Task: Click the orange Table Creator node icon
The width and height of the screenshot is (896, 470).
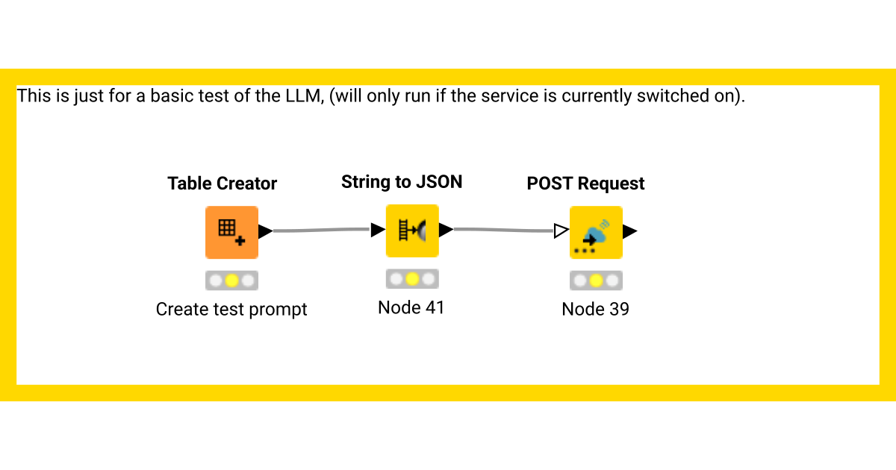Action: tap(231, 232)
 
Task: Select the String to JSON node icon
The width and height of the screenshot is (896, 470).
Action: tap(412, 231)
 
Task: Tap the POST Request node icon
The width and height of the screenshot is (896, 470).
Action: tap(596, 232)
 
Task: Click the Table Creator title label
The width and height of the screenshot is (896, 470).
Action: tap(222, 184)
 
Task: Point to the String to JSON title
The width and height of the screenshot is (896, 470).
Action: tap(402, 182)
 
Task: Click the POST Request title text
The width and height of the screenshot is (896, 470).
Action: tap(585, 184)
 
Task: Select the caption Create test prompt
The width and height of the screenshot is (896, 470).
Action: tap(231, 309)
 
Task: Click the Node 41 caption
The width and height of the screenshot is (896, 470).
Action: tap(411, 307)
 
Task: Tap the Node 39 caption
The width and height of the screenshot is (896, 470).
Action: tap(595, 309)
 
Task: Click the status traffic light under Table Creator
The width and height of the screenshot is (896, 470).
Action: tap(231, 281)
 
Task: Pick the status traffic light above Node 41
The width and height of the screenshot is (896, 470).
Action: tap(412, 279)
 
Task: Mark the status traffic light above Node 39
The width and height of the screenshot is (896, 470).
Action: tap(596, 281)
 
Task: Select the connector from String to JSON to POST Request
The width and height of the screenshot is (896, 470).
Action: tap(504, 230)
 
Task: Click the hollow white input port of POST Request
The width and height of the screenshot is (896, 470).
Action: tap(561, 231)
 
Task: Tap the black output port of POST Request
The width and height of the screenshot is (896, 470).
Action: tap(629, 231)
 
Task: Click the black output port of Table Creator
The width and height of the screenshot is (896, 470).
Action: tap(265, 231)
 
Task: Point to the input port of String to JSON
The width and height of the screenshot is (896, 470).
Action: tap(378, 230)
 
